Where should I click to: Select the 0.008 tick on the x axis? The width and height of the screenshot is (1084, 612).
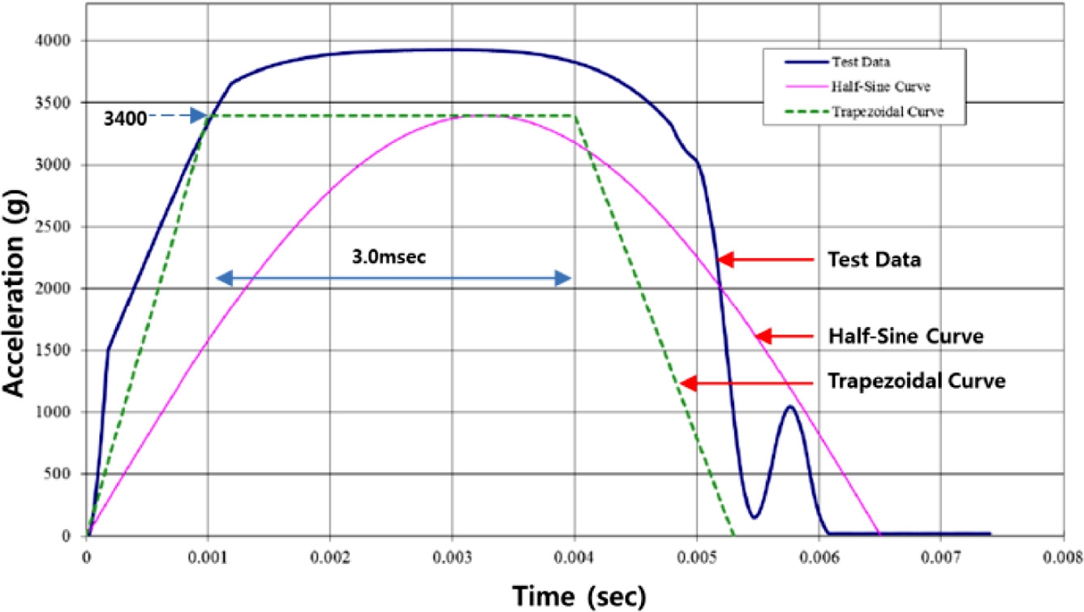[1062, 558]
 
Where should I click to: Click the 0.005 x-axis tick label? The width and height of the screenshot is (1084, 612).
[696, 558]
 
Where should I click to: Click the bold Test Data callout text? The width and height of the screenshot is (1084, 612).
[867, 260]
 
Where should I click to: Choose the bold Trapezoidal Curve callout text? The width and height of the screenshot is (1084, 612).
[916, 380]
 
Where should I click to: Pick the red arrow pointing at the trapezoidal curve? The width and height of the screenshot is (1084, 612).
[746, 383]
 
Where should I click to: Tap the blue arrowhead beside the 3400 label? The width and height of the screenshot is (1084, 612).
[199, 117]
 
